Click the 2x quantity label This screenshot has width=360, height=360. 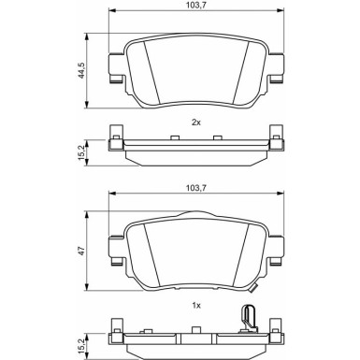click(195, 122)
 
